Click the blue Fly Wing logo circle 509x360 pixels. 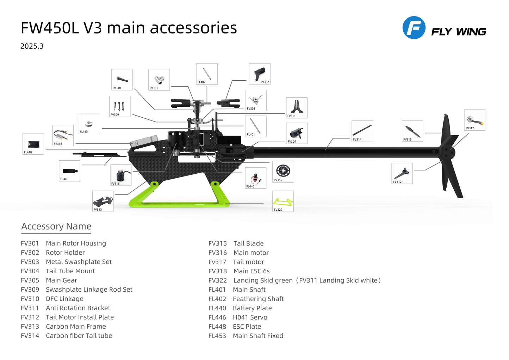(414, 27)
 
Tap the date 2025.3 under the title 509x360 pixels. (32, 46)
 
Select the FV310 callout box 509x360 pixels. (122, 80)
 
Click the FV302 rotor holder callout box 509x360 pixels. (260, 74)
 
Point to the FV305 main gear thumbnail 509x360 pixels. (283, 172)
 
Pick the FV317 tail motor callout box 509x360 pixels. (474, 120)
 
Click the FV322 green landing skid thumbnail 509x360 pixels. (283, 201)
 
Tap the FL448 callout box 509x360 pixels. (33, 144)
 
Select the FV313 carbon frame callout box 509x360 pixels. (103, 201)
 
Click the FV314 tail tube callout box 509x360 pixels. (362, 131)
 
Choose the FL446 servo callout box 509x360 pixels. (255, 178)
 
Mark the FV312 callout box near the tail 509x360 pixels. (402, 173)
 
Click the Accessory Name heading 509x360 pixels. (56, 226)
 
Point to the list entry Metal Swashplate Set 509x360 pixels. (79, 262)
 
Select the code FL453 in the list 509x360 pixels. (217, 336)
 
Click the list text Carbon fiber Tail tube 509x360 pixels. (79, 336)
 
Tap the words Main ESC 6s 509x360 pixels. (252, 271)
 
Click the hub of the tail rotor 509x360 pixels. (447, 152)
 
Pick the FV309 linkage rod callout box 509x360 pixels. (120, 106)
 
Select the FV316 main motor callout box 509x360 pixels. (121, 175)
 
